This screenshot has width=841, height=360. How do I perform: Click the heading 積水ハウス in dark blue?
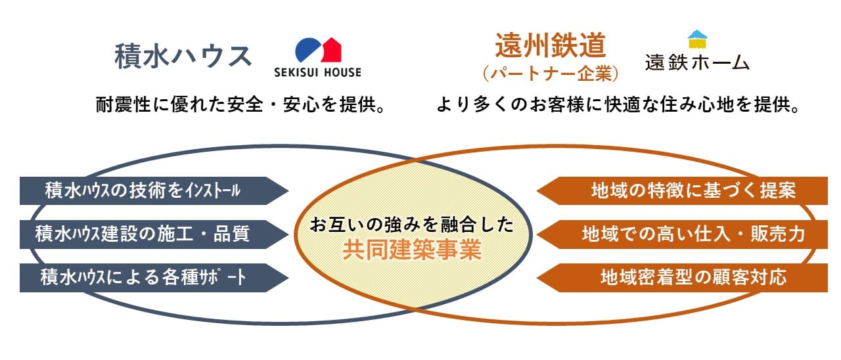click(x=183, y=56)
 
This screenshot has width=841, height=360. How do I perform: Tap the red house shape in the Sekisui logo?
click(x=330, y=51)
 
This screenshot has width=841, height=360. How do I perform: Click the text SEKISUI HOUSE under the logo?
click(x=317, y=72)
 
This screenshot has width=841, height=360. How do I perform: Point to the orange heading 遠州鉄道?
click(x=551, y=45)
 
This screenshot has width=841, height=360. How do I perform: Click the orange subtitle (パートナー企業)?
click(x=551, y=73)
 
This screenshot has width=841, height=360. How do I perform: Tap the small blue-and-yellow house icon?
click(x=697, y=39)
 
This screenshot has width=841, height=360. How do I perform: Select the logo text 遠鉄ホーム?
click(x=697, y=62)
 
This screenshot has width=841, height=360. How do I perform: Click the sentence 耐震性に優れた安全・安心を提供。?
click(x=240, y=104)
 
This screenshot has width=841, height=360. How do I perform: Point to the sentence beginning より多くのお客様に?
click(x=618, y=104)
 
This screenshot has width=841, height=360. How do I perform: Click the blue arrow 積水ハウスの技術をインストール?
click(x=154, y=191)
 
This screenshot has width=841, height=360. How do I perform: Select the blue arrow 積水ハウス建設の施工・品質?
click(x=154, y=235)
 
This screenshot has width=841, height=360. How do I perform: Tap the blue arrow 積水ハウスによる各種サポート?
click(x=154, y=278)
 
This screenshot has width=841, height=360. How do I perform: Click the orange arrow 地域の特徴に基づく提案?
click(x=682, y=191)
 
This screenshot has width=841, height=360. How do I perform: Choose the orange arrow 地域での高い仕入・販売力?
click(x=682, y=235)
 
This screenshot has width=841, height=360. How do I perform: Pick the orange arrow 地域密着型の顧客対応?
click(x=682, y=278)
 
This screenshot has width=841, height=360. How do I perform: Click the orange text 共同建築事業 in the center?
click(x=412, y=250)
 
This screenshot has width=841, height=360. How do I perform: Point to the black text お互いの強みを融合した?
click(x=412, y=225)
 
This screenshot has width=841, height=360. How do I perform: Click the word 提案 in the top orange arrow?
click(x=778, y=191)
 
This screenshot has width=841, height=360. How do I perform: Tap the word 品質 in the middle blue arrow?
click(x=232, y=234)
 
